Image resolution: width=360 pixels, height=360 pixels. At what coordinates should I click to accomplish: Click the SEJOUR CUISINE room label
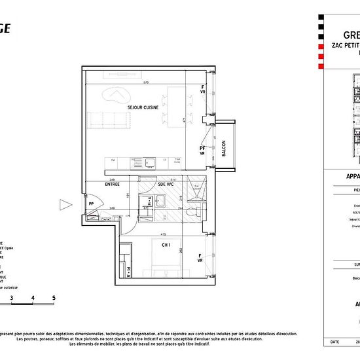128,107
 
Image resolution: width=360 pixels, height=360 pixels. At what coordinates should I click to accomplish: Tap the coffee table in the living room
118,98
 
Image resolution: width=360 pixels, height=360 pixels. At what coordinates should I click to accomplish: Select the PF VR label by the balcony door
203,151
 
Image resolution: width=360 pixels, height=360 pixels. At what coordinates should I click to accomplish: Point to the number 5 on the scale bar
54,298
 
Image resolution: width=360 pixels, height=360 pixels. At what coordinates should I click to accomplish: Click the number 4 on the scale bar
33,298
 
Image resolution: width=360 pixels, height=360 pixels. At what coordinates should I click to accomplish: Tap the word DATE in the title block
335,342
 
